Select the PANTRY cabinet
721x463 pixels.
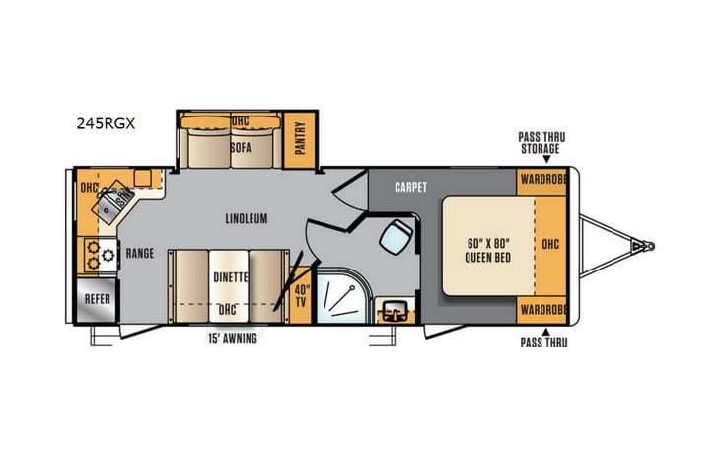301,139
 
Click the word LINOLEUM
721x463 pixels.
246,218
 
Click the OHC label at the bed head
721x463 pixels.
550,244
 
